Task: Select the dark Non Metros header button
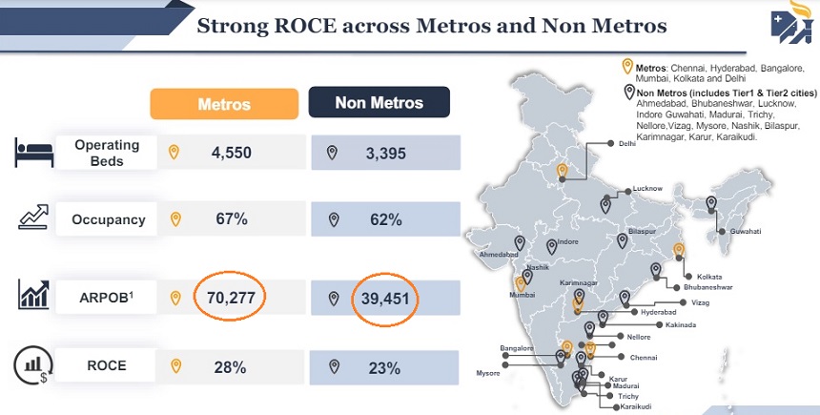[379, 102]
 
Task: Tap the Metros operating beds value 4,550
[232, 153]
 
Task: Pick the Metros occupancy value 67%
[232, 219]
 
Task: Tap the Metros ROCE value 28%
[232, 365]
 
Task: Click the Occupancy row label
[109, 219]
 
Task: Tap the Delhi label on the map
[626, 144]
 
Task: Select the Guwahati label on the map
[746, 232]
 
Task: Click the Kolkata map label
[696, 277]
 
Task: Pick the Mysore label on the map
[487, 372]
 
